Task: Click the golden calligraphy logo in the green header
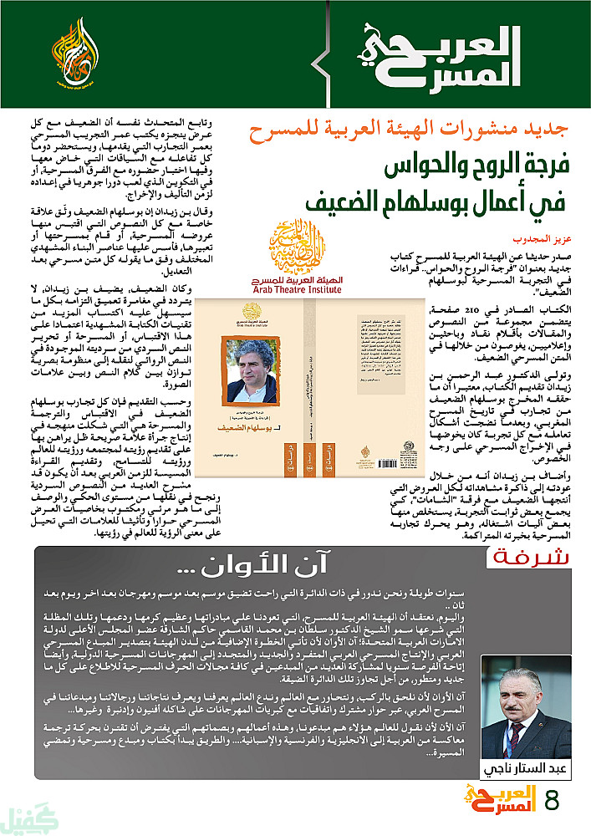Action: point(72,56)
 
